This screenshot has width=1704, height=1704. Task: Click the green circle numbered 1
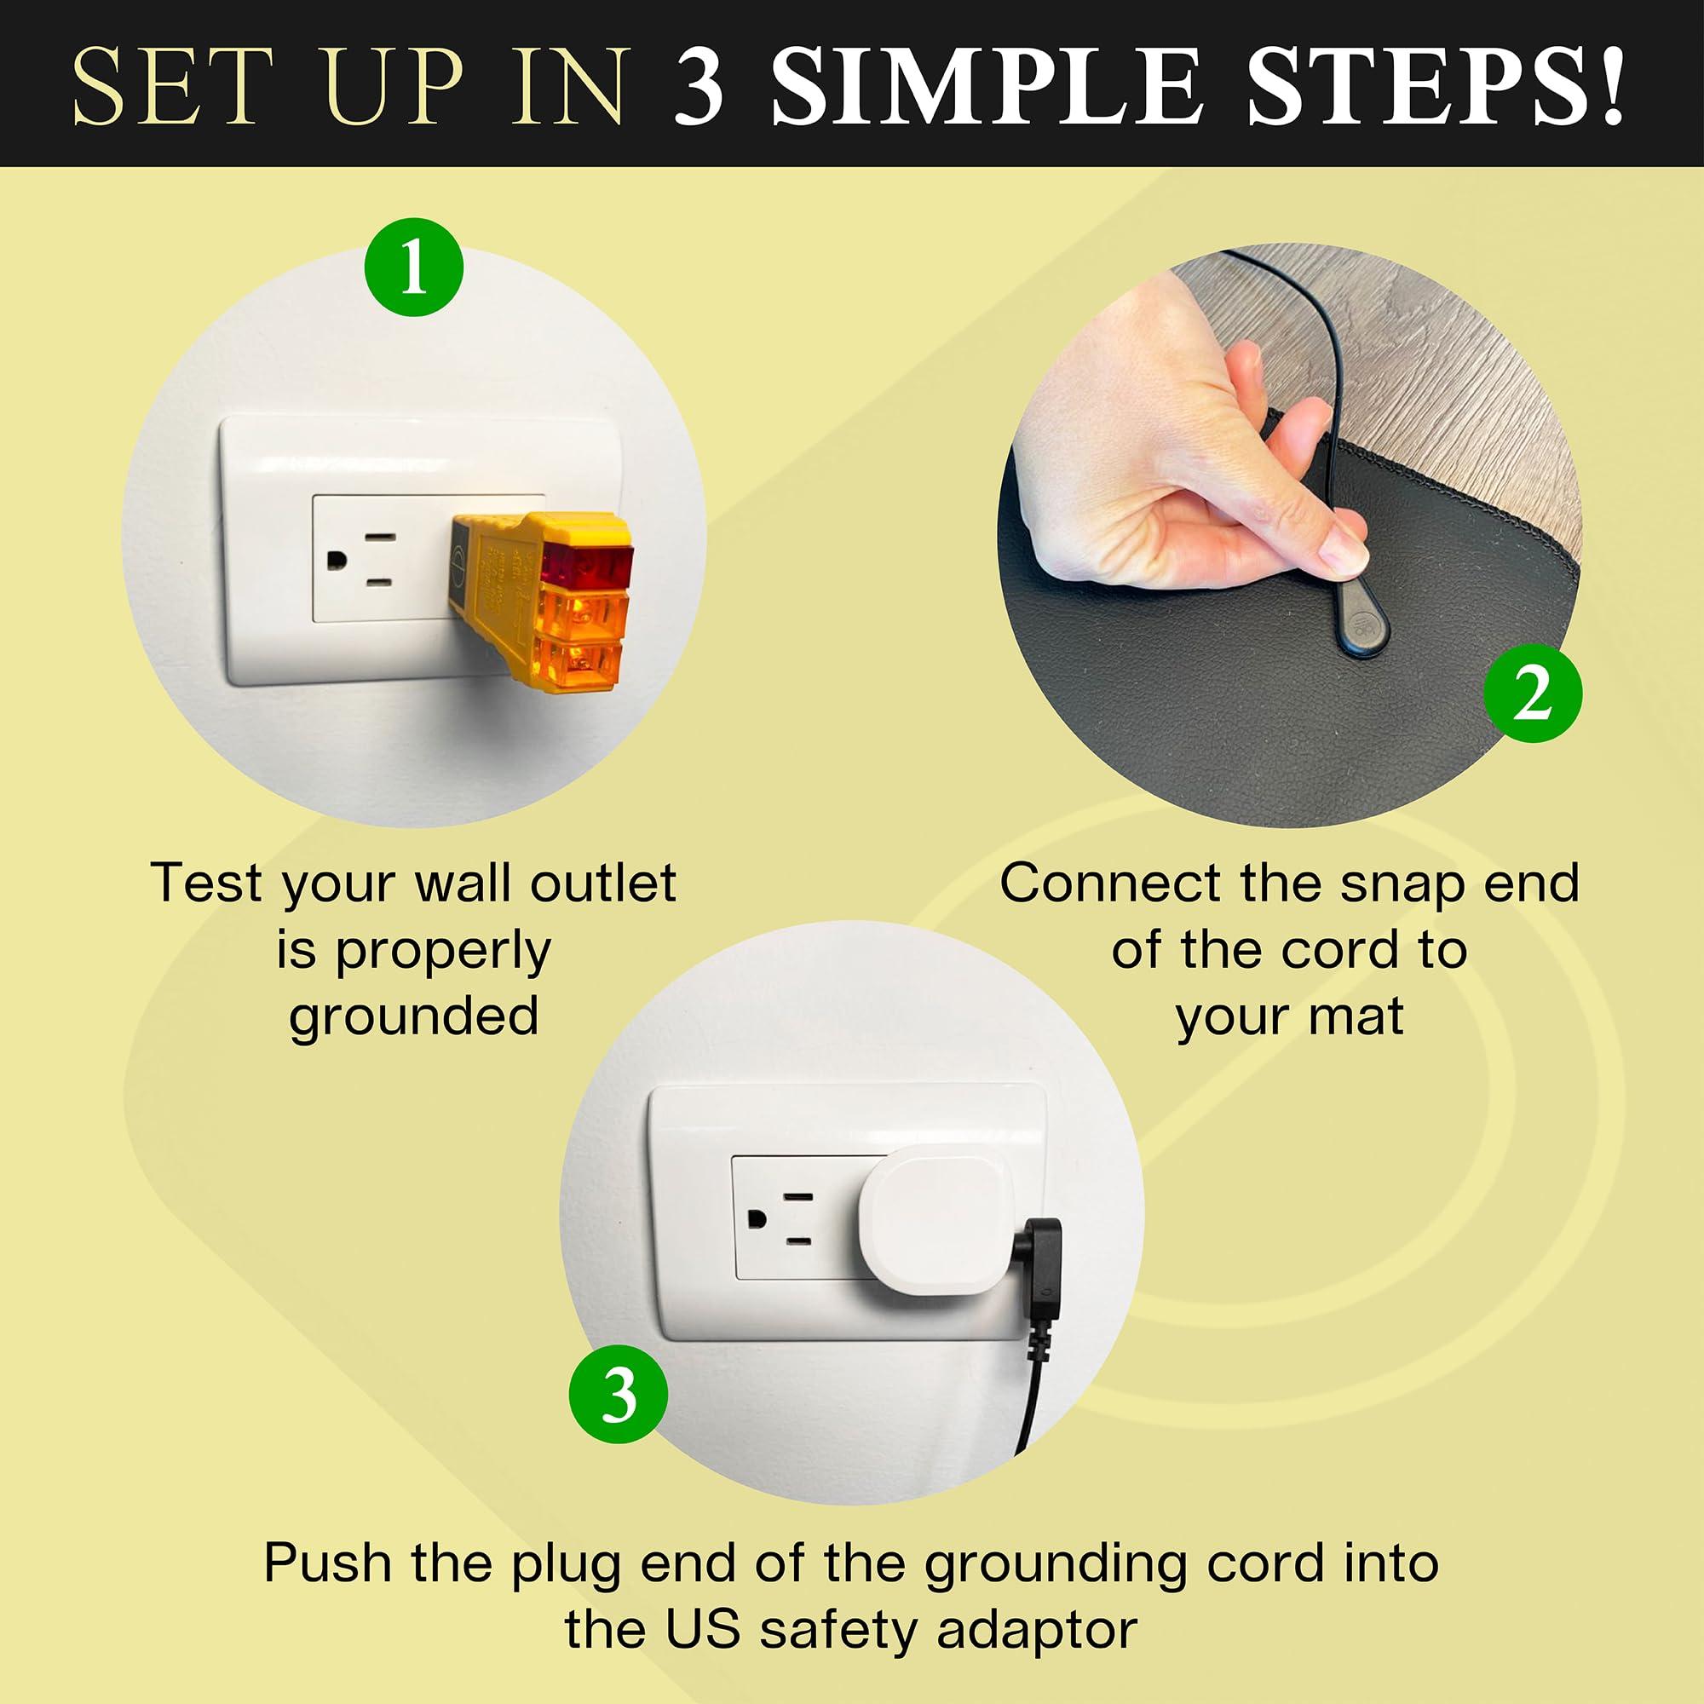pos(414,268)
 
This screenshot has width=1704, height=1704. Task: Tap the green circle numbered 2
pos(1533,693)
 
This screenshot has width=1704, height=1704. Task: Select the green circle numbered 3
pos(619,1394)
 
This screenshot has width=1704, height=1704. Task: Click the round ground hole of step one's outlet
pos(336,560)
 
